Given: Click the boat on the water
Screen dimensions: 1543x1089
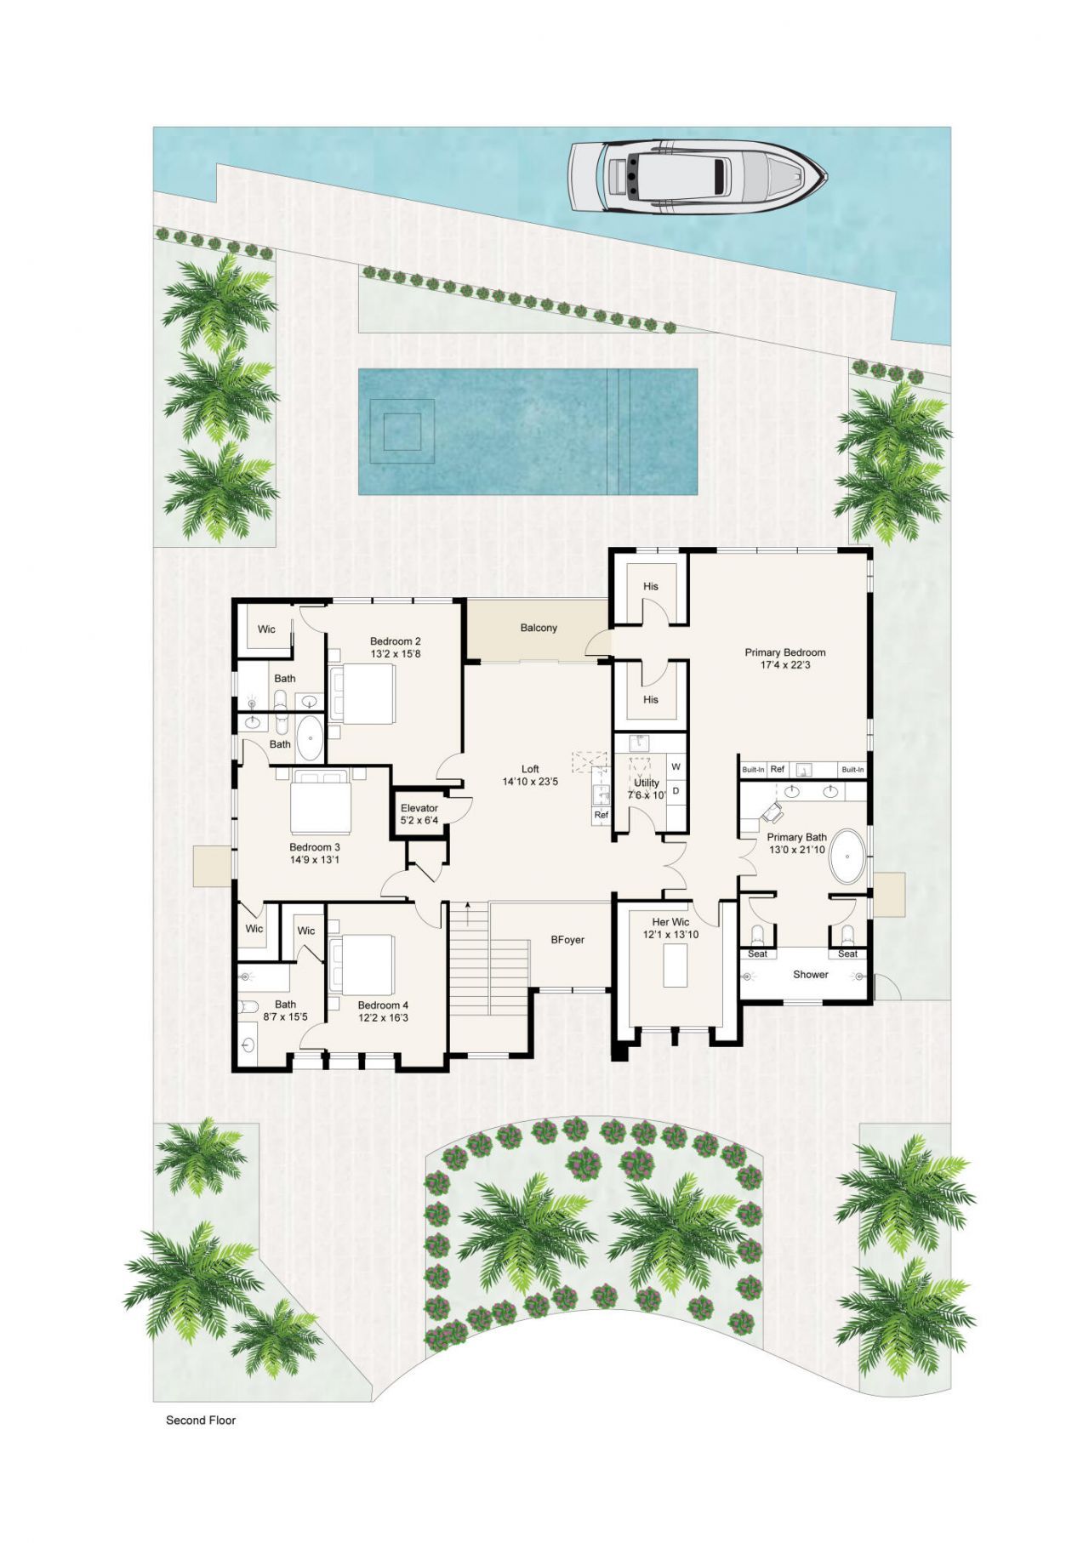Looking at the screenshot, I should coord(696,177).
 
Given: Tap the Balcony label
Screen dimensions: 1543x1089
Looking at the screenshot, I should coord(539,628).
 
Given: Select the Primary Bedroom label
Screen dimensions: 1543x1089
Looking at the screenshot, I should coord(784,652).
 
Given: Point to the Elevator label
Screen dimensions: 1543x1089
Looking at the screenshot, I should coord(419,808).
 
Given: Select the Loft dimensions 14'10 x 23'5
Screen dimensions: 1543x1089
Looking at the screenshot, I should coord(530,781).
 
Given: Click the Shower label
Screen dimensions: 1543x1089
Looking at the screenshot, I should coord(810,974).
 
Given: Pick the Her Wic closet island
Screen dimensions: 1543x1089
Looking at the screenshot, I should coord(675,965).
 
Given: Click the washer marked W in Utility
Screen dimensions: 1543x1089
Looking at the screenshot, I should coord(676,766).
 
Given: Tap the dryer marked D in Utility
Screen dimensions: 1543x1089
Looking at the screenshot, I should coord(676,790).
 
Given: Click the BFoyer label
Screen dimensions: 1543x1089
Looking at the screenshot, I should coord(567,940).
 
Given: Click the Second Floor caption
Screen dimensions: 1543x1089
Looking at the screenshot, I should coord(201,1420).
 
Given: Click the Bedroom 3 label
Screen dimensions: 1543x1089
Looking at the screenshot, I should coord(314,847).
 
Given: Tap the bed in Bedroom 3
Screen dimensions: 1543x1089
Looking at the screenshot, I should coord(320,802).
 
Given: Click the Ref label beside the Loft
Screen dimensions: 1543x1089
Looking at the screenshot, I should coord(601,815).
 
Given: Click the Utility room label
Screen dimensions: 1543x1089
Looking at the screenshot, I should coord(647,783).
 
